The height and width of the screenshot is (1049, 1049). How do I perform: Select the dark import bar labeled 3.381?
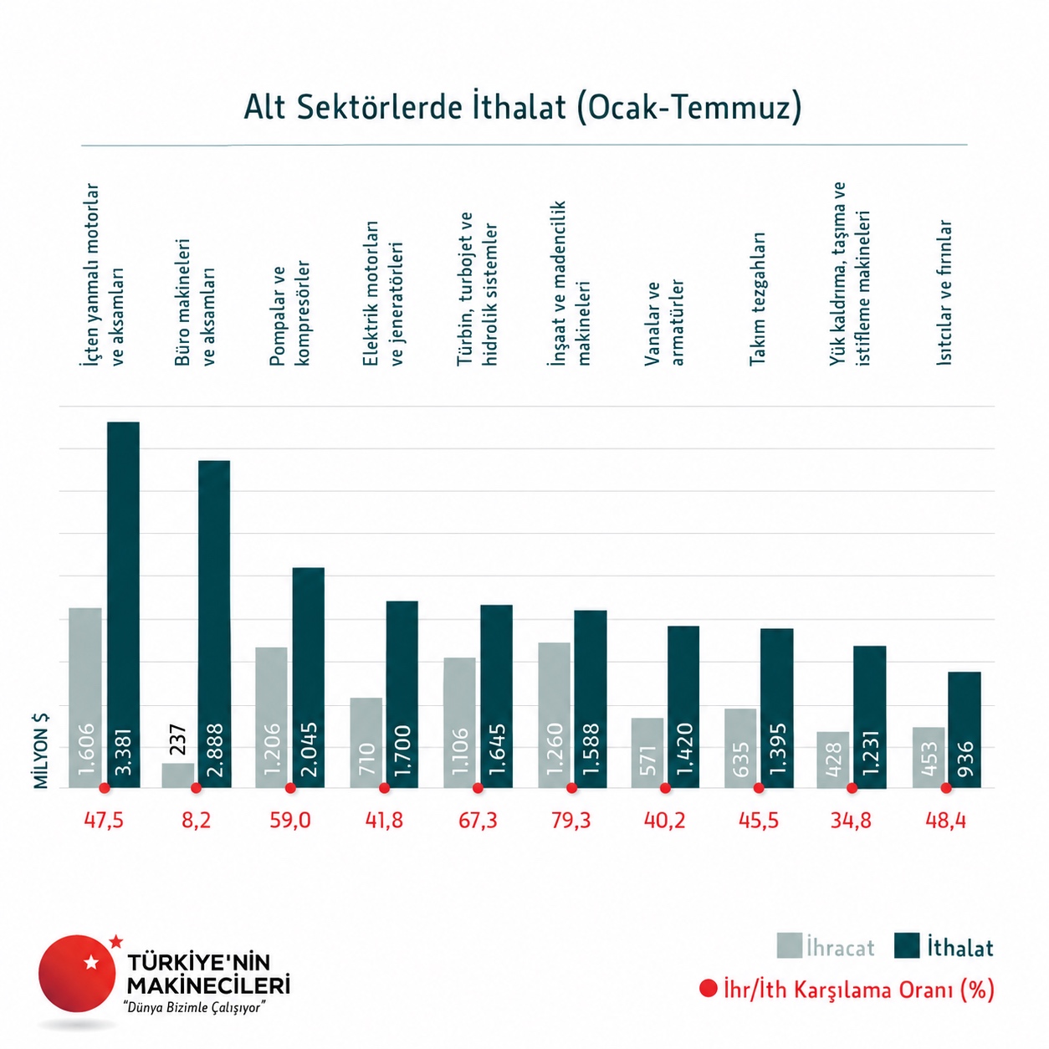[123, 604]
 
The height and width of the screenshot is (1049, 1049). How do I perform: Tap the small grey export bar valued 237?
[178, 775]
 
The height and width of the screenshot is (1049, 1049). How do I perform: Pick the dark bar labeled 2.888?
[214, 624]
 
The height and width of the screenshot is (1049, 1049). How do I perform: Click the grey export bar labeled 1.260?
[554, 714]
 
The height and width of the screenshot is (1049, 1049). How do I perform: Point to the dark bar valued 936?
[964, 729]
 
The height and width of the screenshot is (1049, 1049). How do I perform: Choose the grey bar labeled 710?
[366, 743]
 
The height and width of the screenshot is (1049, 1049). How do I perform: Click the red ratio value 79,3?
[571, 820]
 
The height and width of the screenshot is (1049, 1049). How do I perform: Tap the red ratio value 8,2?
[196, 820]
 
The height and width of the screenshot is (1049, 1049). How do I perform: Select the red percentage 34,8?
[851, 820]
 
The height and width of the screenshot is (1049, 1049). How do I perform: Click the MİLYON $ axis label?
[41, 751]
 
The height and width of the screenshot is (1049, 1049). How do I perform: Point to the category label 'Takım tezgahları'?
[757, 299]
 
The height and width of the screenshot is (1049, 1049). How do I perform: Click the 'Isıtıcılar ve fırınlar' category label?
[944, 292]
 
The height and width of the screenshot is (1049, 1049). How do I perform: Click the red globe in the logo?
[77, 974]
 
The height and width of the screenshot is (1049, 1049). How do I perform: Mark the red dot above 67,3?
[478, 788]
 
